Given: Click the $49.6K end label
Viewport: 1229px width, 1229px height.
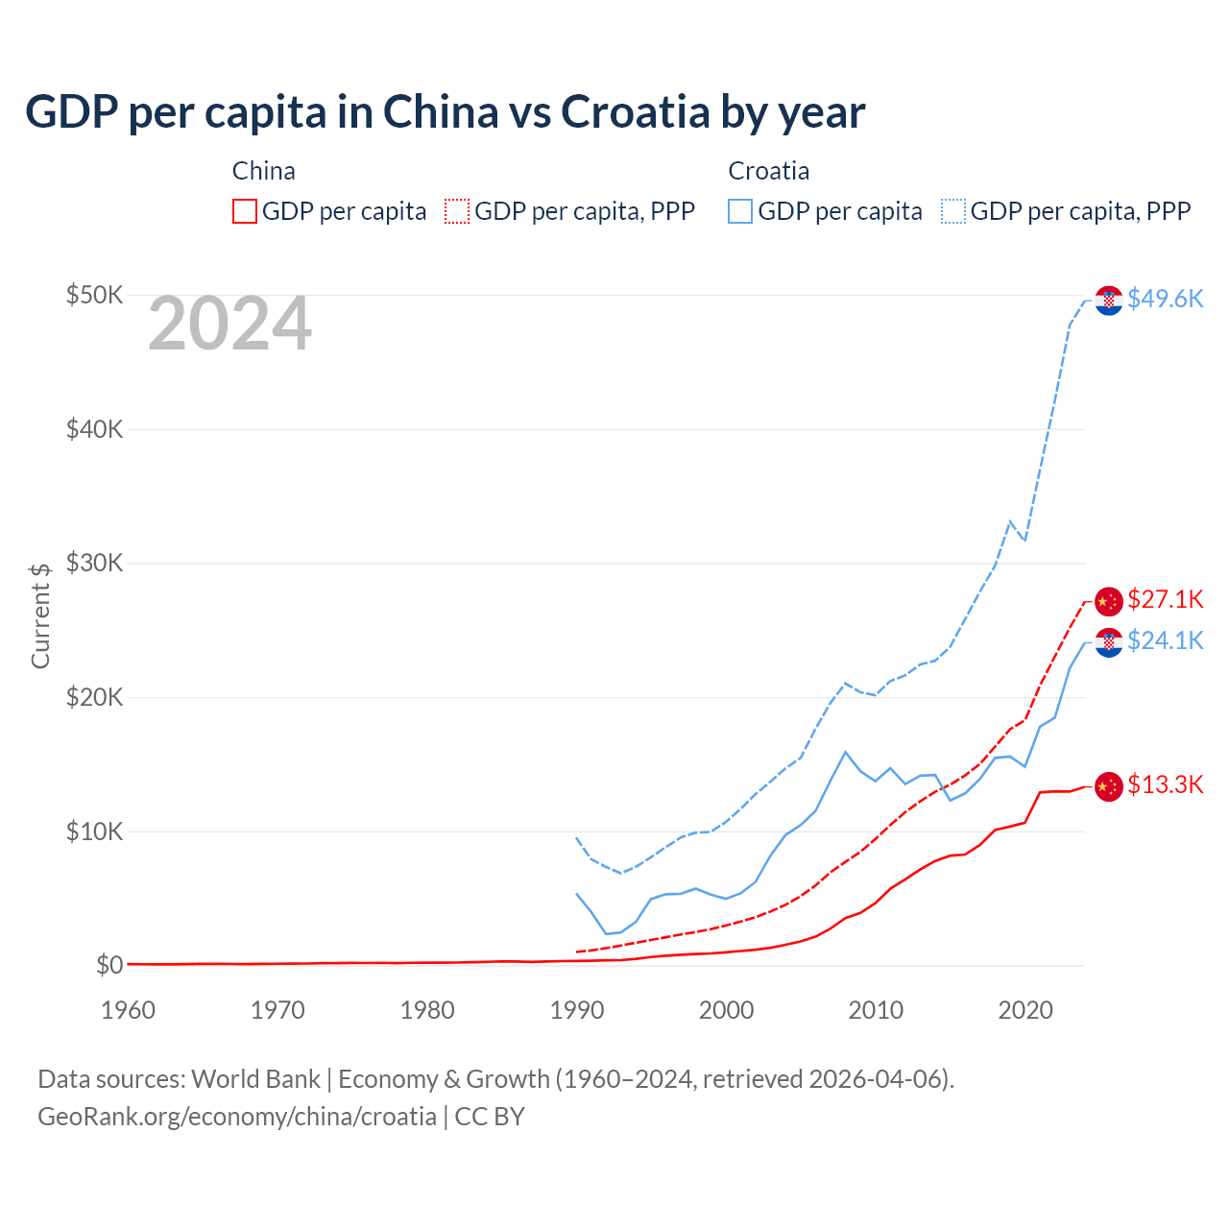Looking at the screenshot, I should [x=1165, y=300].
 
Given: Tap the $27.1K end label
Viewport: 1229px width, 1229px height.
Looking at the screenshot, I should [x=1165, y=600].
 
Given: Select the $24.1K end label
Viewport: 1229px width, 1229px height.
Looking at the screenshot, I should [x=1165, y=641].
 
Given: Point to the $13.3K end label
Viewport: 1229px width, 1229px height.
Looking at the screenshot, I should [x=1165, y=785].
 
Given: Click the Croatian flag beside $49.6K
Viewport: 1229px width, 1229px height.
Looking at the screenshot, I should [x=1109, y=301].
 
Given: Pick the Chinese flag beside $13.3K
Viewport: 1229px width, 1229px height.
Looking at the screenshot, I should [x=1109, y=786].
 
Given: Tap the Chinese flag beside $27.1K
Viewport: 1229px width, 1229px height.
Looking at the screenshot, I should [x=1109, y=601].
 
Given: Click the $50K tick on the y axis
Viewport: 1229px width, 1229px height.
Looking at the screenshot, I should [x=94, y=296].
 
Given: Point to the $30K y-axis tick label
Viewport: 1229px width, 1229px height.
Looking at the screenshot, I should [x=94, y=564].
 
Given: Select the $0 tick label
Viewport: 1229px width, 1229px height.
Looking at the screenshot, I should [x=108, y=966].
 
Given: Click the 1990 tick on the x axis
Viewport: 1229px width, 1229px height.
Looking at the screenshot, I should [x=577, y=1011].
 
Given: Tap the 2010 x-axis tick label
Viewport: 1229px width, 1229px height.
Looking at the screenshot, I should [x=876, y=1011].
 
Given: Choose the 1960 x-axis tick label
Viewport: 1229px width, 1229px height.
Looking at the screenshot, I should [x=129, y=1011].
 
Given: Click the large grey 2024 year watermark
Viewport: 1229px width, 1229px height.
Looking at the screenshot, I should [x=229, y=325].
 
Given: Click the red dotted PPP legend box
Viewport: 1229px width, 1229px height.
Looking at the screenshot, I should [x=457, y=211].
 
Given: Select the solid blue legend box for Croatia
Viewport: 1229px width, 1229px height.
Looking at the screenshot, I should [x=740, y=211].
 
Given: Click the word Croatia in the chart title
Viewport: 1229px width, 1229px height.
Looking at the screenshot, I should [x=635, y=112].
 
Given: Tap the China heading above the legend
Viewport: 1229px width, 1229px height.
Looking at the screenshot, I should [x=263, y=172].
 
